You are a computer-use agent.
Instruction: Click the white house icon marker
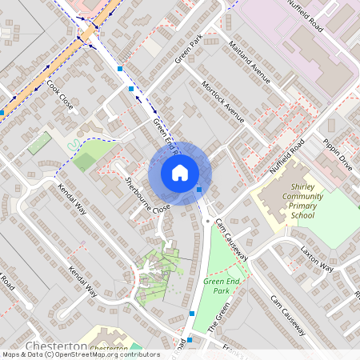point(180,172)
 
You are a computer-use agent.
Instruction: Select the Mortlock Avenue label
point(222,101)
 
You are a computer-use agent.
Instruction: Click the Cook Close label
point(60,94)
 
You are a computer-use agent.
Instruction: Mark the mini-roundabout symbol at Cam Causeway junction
point(207,220)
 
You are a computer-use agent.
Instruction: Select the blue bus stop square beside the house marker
point(199,189)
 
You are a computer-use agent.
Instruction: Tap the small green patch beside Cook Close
point(39,144)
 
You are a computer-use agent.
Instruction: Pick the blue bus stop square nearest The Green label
point(192,313)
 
